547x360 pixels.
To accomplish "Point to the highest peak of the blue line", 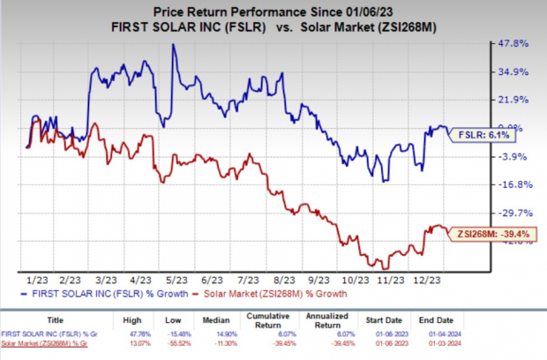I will [173, 45].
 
